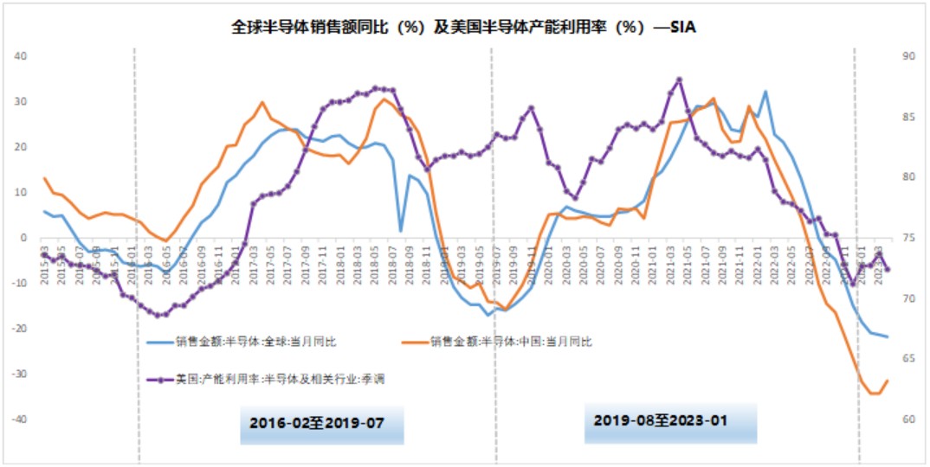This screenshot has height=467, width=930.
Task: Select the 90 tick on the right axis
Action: click(x=908, y=56)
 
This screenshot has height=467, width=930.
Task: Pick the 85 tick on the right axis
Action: click(x=908, y=117)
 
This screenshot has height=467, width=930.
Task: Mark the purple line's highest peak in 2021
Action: click(x=680, y=80)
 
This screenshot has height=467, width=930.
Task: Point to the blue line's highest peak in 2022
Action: click(x=765, y=91)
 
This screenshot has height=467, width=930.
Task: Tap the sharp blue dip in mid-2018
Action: click(x=401, y=230)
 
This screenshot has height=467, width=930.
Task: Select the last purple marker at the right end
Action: click(x=888, y=270)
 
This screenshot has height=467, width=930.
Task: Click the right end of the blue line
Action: click(x=888, y=336)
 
